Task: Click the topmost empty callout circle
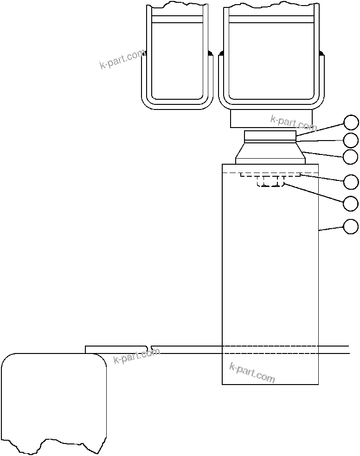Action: [x=351, y=122]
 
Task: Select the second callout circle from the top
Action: [x=351, y=140]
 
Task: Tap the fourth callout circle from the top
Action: [x=351, y=182]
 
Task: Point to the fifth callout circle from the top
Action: [x=351, y=203]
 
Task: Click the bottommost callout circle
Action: [x=351, y=227]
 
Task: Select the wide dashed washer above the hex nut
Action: [x=271, y=175]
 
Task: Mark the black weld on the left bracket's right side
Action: [x=210, y=53]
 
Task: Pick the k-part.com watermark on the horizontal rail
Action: [x=136, y=356]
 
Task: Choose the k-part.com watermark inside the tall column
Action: [x=252, y=373]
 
